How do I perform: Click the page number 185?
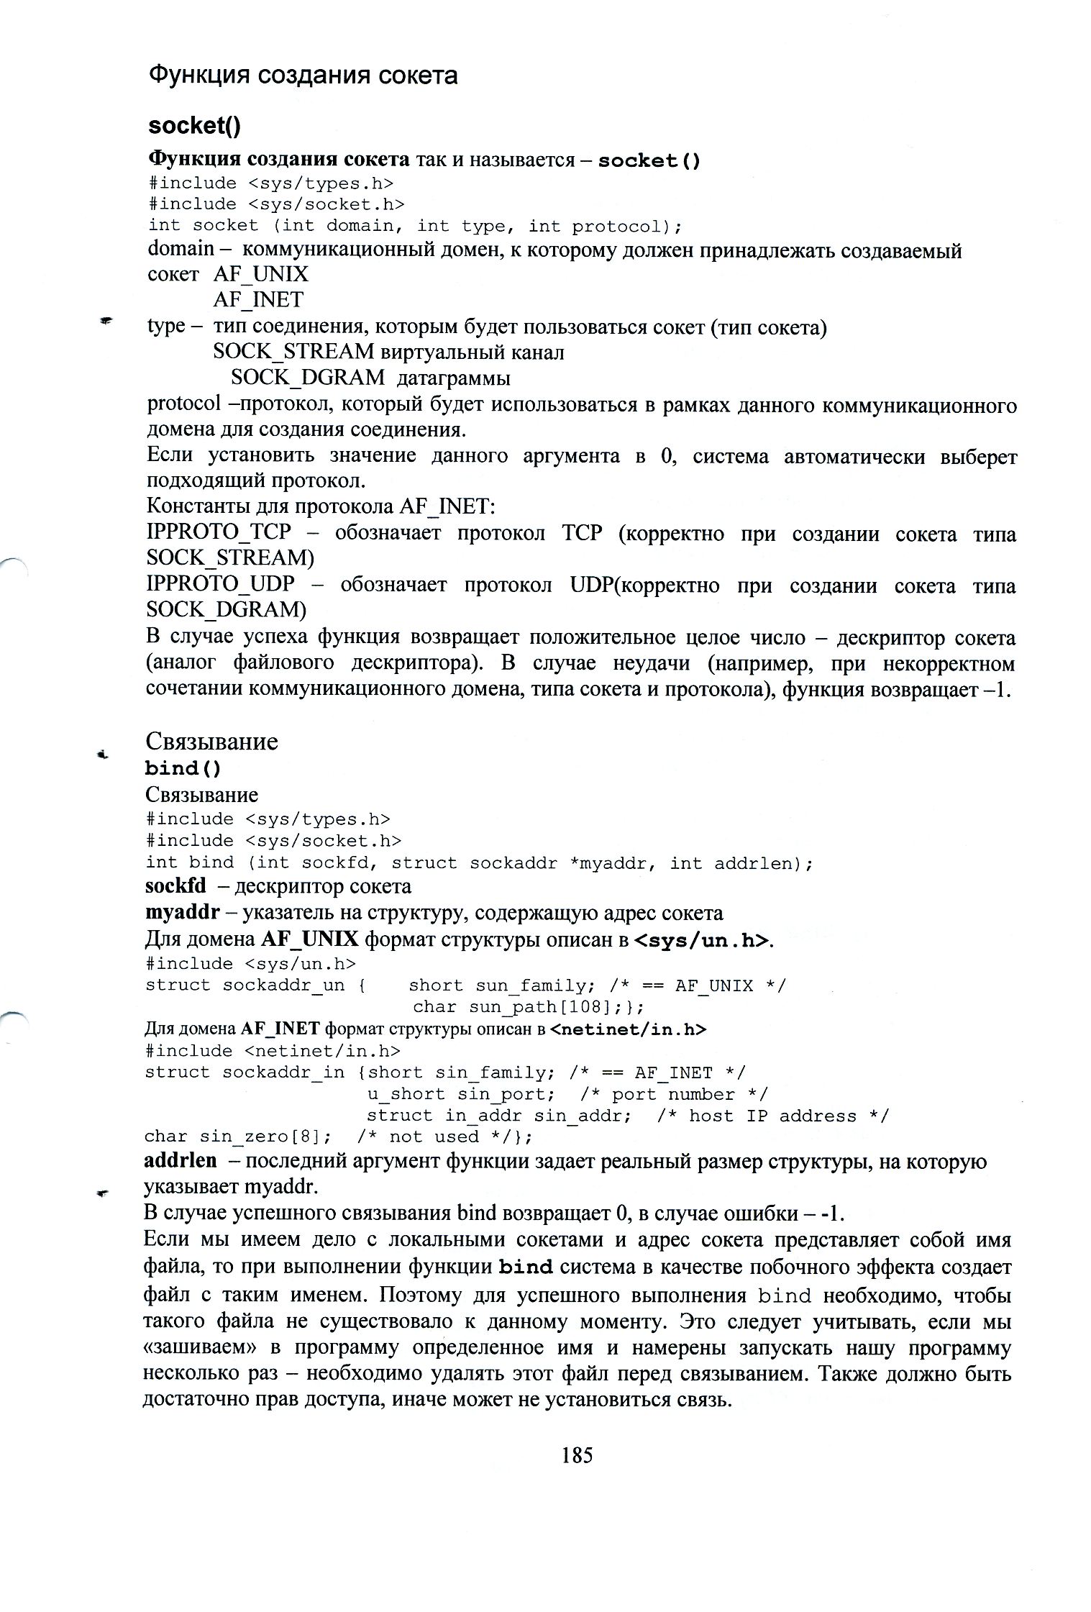(577, 1454)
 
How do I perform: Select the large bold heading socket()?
(194, 126)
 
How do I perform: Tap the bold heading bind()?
(183, 768)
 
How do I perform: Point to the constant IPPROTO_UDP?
(221, 584)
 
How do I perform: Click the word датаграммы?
(453, 378)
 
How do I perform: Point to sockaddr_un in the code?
(283, 985)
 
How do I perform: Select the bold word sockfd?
(175, 886)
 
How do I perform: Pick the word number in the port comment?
(701, 1094)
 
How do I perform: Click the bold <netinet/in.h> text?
(628, 1029)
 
